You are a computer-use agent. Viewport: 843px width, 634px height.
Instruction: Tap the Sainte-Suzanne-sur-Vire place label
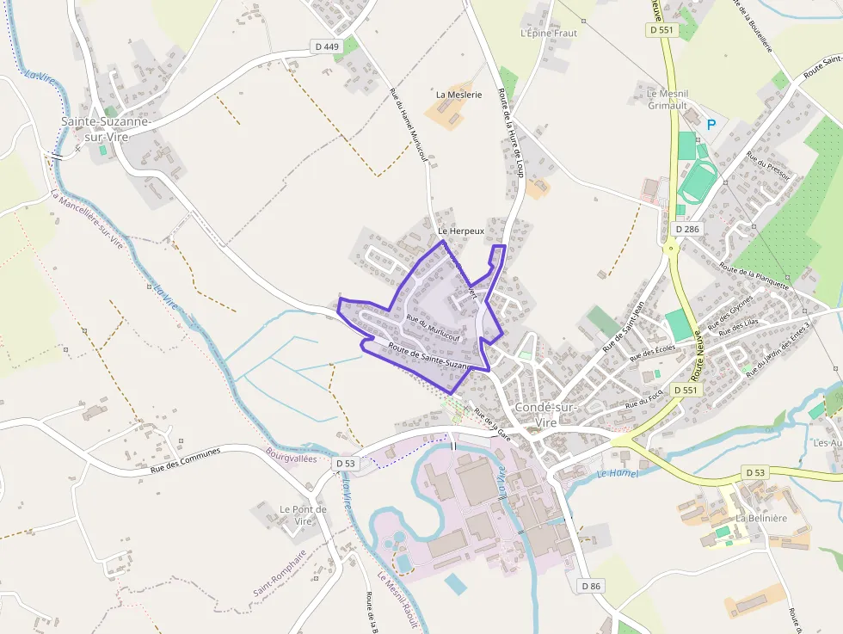pos(106,128)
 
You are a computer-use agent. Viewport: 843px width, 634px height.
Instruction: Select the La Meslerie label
pos(459,95)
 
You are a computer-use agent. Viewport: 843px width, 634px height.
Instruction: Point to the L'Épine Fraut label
pos(549,33)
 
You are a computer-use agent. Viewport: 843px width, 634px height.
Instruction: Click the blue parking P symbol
pos(711,125)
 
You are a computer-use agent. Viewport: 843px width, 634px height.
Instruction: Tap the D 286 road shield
pos(688,230)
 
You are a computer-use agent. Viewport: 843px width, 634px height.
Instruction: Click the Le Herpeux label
pos(461,231)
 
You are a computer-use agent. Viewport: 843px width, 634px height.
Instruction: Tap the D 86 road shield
pos(590,586)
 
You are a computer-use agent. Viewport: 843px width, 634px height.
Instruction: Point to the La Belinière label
pos(761,519)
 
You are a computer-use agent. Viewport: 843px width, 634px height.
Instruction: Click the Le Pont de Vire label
pos(303,515)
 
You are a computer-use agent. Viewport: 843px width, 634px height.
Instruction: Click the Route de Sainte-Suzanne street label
pos(431,357)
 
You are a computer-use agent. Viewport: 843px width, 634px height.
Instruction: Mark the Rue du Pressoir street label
pos(768,165)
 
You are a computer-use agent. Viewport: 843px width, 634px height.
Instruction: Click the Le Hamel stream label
pos(618,473)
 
